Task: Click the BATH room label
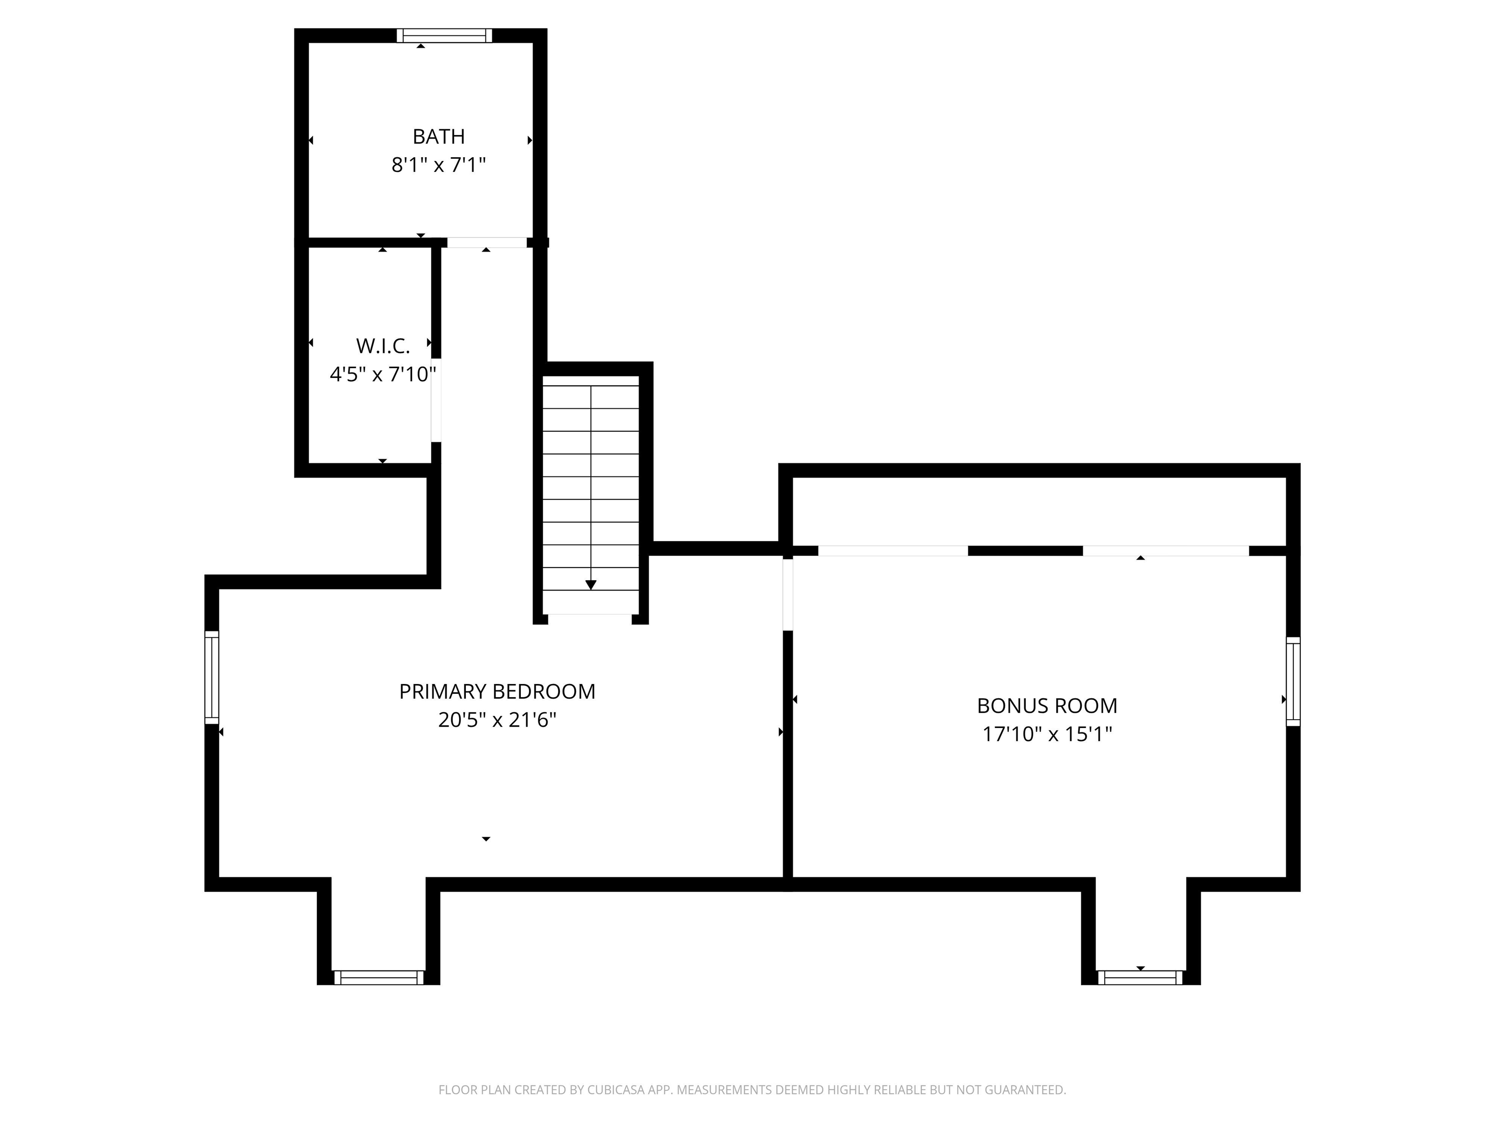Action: coord(439,137)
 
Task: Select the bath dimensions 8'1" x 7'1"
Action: coord(439,165)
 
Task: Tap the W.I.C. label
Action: coord(383,346)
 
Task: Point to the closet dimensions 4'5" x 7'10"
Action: coord(383,375)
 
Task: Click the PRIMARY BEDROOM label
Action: coord(497,691)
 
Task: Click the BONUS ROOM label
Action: coord(1047,706)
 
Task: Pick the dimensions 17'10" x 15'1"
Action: coord(1047,734)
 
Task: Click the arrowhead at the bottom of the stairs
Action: coord(590,585)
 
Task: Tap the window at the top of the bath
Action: coord(444,35)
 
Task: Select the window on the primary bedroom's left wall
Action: coord(212,677)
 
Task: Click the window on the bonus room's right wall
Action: coord(1293,681)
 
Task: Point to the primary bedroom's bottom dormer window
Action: coord(378,977)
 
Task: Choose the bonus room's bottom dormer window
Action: coord(1141,977)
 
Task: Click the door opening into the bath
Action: coord(486,242)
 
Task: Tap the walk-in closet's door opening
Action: coord(436,400)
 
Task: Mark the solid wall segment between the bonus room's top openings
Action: coord(1025,551)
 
